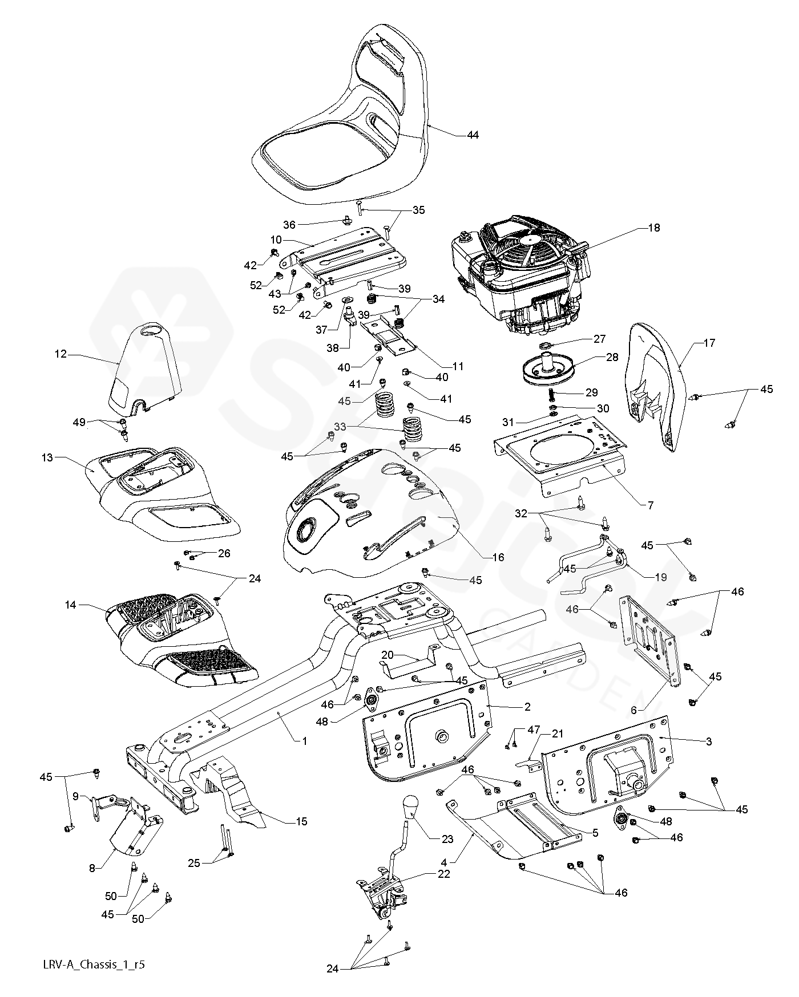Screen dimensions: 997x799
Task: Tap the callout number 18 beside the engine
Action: point(653,228)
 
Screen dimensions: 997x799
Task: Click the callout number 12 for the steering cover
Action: point(60,354)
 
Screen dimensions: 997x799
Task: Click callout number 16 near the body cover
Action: point(498,557)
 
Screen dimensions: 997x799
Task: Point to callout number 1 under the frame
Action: point(305,741)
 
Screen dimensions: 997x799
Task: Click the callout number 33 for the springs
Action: point(340,426)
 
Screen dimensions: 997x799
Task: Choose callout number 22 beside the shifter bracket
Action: point(443,874)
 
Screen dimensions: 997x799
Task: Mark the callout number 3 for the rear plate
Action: point(709,741)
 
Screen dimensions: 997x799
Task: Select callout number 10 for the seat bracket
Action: point(276,240)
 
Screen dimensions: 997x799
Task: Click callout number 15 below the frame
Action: point(301,821)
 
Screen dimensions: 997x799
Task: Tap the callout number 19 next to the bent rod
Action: point(660,577)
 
